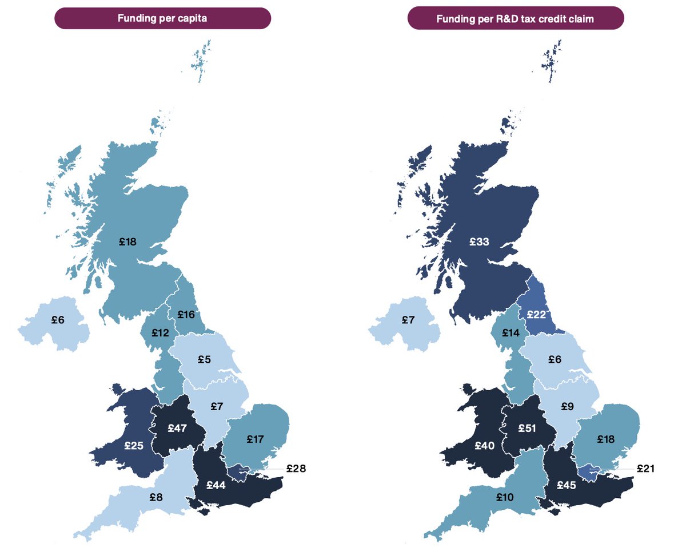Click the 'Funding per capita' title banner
[162, 18]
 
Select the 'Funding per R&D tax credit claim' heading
[515, 19]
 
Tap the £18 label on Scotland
[128, 242]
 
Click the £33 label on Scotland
[479, 242]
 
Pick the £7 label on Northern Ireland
[407, 320]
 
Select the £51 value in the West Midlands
[527, 428]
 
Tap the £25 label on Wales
[134, 444]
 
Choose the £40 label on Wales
[485, 444]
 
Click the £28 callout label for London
[296, 469]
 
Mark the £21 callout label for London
[645, 469]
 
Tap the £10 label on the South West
[505, 497]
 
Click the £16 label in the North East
[186, 314]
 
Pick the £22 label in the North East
[536, 314]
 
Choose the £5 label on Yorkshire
[204, 360]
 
